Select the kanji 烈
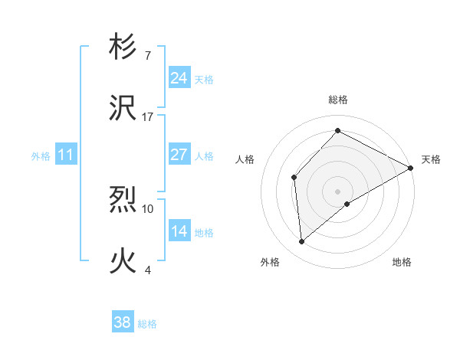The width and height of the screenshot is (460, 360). tap(123, 201)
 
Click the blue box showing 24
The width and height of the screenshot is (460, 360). tap(179, 78)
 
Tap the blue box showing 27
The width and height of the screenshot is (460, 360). tap(179, 155)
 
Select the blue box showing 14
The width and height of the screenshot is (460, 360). tap(179, 232)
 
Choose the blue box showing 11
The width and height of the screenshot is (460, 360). tap(66, 155)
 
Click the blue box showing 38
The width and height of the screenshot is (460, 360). tap(122, 323)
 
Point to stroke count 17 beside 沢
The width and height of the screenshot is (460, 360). tap(148, 117)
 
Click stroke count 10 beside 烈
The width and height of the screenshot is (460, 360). tap(148, 208)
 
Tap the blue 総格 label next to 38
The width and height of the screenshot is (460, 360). tap(147, 324)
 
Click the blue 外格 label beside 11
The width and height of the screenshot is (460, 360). tap(41, 156)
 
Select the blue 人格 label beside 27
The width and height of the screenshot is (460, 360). tap(204, 155)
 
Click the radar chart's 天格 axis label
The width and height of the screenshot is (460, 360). tap(431, 159)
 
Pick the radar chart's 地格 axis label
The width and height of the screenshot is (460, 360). tap(402, 262)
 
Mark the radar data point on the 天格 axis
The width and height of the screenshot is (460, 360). tap(410, 167)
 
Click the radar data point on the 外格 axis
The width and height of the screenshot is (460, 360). tap(302, 242)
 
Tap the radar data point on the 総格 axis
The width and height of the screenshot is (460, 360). tap(337, 130)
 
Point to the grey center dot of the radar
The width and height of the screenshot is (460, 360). tap(337, 191)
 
